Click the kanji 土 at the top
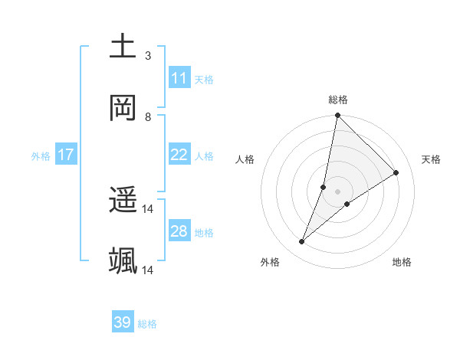point(123,46)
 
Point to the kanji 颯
point(123,261)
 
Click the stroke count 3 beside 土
point(148,56)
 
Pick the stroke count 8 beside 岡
point(148,117)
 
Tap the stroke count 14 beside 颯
point(148,270)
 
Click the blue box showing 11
point(179,78)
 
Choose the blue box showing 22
point(179,155)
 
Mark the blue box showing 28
point(179,231)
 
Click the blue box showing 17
point(66,155)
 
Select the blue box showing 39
point(123,322)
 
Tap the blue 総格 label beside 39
point(147,324)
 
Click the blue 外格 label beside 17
point(41,156)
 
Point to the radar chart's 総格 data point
point(337,116)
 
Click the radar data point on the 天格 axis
point(396,172)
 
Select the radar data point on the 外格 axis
point(302,242)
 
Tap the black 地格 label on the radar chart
point(402,263)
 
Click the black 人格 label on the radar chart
point(245,159)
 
